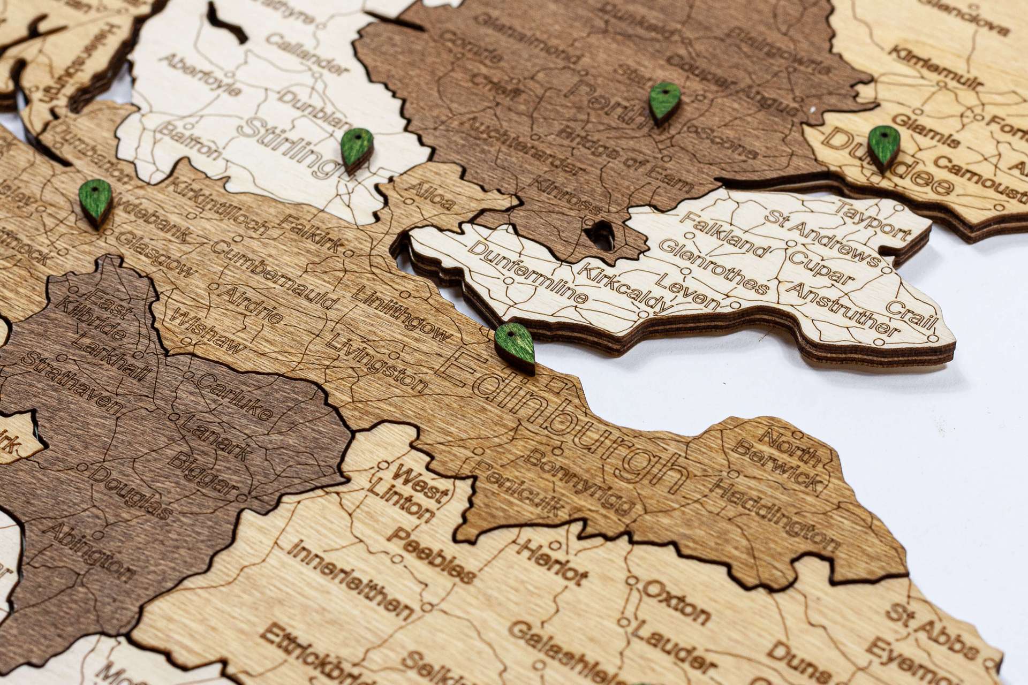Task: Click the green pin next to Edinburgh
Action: coord(514,347)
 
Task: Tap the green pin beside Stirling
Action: coord(357,149)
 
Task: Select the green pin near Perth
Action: coord(664,102)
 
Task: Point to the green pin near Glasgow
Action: coord(95,201)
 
